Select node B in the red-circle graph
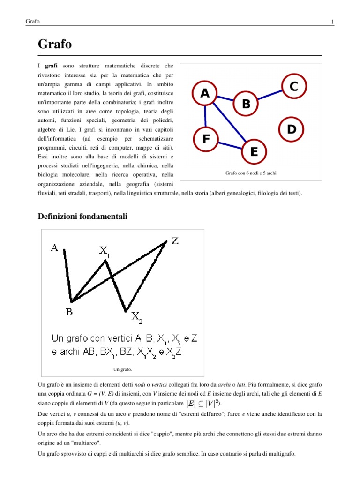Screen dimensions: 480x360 coord(246,104)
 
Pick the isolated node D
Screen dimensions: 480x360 coord(291,129)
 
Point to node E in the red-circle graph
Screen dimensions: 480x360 coord(254,151)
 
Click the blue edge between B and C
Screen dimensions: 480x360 coord(270,95)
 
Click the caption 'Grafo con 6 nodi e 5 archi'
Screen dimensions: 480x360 coord(251,173)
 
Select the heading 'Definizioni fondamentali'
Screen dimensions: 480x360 coord(82,216)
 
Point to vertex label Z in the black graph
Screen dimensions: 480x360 coord(175,241)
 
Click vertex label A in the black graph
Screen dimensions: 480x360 coord(55,248)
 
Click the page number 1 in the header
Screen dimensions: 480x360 coord(332,22)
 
